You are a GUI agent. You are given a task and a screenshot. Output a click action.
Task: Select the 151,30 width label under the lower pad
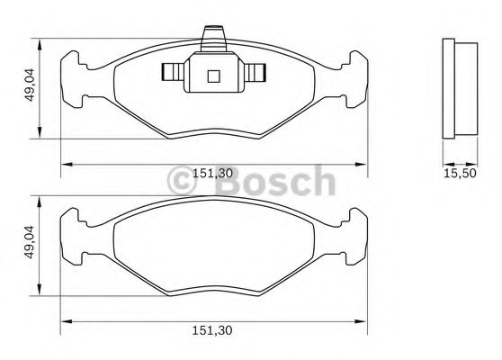pos(214,331)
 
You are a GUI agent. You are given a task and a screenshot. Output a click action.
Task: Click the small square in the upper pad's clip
pos(213,76)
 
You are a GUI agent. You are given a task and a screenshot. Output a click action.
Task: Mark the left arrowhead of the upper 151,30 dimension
pos(66,163)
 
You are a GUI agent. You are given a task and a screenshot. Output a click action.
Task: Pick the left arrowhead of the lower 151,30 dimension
pos(66,320)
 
